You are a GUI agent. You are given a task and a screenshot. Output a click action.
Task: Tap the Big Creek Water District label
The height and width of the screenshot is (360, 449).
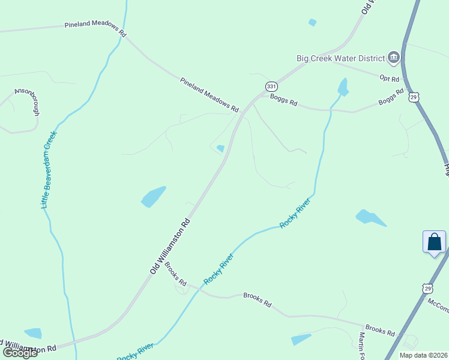click(340, 58)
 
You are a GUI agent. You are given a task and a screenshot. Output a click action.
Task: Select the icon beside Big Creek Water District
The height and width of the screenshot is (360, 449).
click(394, 58)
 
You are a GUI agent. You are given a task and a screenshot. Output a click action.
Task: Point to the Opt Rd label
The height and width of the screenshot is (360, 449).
click(390, 78)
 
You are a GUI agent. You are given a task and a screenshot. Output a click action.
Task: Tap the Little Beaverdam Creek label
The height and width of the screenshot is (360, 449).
click(49, 169)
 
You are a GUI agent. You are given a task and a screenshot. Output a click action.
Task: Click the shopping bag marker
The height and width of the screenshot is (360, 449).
click(434, 242)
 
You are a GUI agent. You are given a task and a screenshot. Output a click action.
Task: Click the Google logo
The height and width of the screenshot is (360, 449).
click(20, 352)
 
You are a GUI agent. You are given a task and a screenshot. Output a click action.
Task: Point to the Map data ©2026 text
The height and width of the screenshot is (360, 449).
click(423, 355)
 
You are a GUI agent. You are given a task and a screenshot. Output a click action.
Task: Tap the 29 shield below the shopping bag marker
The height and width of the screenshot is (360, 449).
click(427, 289)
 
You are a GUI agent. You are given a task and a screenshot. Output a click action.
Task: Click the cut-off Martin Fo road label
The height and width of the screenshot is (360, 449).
click(362, 347)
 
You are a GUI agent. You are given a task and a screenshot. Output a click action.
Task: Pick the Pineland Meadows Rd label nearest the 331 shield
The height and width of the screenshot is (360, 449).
click(209, 94)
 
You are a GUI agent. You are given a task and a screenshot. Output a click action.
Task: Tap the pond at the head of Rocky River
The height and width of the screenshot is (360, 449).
click(343, 87)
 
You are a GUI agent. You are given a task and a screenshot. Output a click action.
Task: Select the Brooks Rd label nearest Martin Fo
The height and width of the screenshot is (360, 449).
click(380, 330)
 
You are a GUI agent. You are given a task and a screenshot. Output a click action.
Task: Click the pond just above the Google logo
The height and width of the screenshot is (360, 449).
click(33, 333)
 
